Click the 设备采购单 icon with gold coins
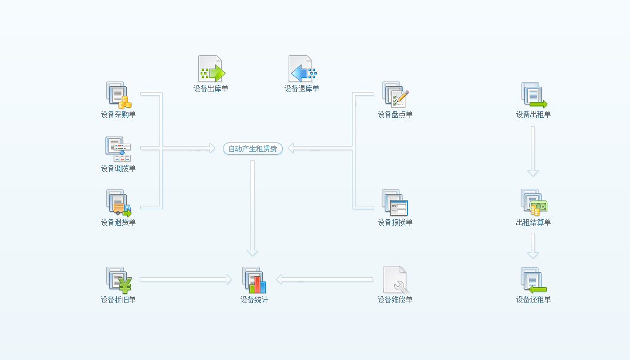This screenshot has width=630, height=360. tap(118, 95)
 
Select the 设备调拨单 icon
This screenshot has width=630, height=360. tap(118, 149)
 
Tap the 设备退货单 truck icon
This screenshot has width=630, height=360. tap(118, 203)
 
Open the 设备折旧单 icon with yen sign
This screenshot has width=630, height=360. tap(118, 280)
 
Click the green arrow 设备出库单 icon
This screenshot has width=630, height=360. tap(211, 69)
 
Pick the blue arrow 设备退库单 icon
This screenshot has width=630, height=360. tap(303, 69)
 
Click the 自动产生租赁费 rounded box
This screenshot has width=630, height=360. tap(253, 149)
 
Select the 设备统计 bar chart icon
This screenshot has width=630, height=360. tap(254, 280)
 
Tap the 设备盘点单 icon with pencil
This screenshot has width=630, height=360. tap(395, 95)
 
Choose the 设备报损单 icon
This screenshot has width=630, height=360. tap(395, 203)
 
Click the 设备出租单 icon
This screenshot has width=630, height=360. tap(534, 95)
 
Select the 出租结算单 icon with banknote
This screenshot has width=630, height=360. tap(534, 202)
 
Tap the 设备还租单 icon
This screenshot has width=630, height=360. tap(534, 280)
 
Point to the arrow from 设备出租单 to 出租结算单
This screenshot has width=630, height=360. tap(533, 151)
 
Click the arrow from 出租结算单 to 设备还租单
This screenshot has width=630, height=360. tap(533, 246)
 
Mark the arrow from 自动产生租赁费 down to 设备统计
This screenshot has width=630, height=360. tap(252, 208)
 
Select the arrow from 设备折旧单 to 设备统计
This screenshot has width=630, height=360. tap(185, 279)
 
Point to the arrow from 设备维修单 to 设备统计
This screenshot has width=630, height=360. tap(324, 279)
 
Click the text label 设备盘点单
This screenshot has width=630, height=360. tap(395, 114)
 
